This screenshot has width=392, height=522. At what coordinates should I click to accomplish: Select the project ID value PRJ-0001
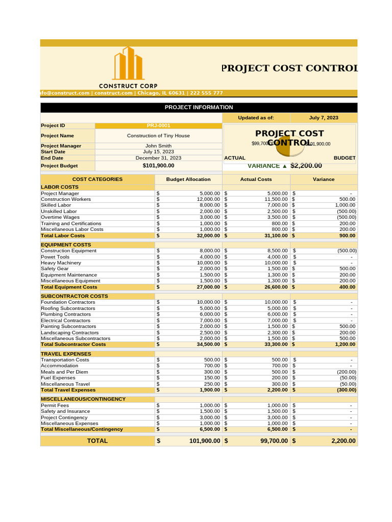[x=158, y=125]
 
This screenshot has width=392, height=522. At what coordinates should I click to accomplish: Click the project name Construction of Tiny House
[x=158, y=136]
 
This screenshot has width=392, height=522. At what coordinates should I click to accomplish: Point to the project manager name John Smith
[x=158, y=146]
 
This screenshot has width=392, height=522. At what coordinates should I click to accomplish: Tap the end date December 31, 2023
[x=158, y=158]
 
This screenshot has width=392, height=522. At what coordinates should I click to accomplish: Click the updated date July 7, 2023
[x=324, y=118]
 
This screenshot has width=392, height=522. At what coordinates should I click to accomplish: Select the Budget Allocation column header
[x=188, y=179]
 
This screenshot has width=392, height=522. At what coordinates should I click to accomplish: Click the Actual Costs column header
[x=256, y=179]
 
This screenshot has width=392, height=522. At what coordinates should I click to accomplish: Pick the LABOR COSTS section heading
[x=60, y=187]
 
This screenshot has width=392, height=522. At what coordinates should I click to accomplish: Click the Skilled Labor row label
[x=56, y=205]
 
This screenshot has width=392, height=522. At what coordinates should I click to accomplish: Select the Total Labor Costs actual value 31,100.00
[x=273, y=236]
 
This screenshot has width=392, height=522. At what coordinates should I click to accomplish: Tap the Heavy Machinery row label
[x=61, y=263]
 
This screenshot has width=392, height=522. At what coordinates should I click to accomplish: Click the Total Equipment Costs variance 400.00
[x=347, y=287]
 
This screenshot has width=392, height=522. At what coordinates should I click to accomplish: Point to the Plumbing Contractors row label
[x=66, y=315]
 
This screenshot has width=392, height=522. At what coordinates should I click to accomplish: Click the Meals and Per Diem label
[x=64, y=372]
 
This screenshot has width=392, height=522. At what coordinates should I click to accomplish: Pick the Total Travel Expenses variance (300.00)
[x=344, y=390]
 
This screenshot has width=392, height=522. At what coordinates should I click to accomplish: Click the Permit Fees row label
[x=55, y=406]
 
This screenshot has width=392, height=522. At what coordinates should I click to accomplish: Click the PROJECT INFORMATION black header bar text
[x=199, y=108]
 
